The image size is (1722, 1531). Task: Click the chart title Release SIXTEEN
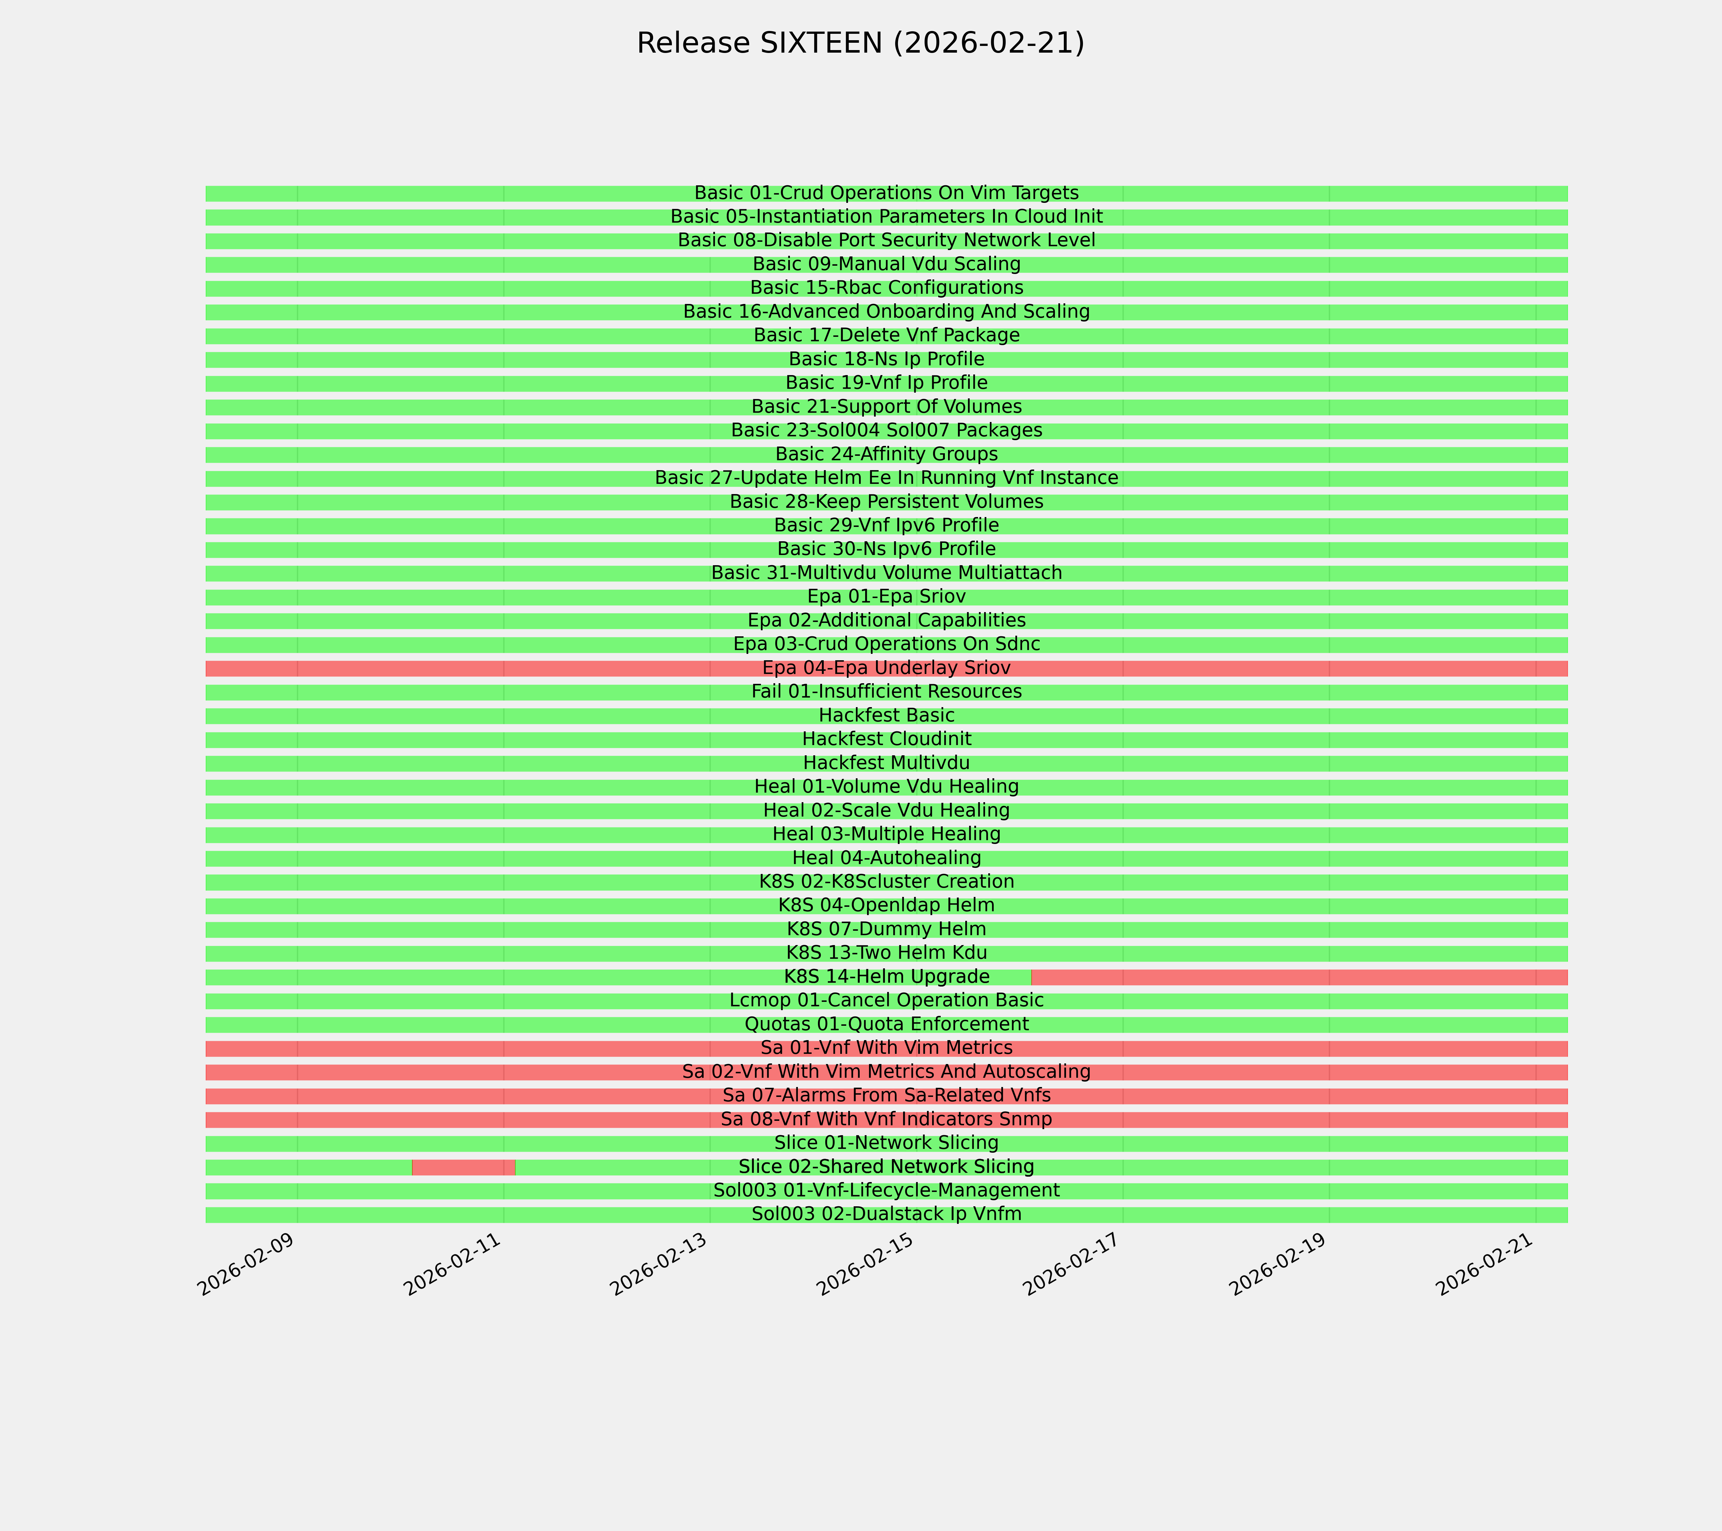[860, 43]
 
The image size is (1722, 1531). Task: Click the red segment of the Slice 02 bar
[463, 1167]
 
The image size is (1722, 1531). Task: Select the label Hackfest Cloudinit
[886, 739]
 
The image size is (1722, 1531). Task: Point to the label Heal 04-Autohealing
[886, 858]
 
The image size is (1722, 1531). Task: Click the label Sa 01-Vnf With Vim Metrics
[886, 1048]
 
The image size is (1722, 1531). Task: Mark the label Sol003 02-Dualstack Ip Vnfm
[886, 1214]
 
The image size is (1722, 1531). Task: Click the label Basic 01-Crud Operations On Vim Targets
[886, 193]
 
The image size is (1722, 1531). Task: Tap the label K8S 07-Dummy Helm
[886, 929]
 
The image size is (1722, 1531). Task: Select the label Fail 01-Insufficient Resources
[886, 692]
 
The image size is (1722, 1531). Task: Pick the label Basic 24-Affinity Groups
[886, 454]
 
